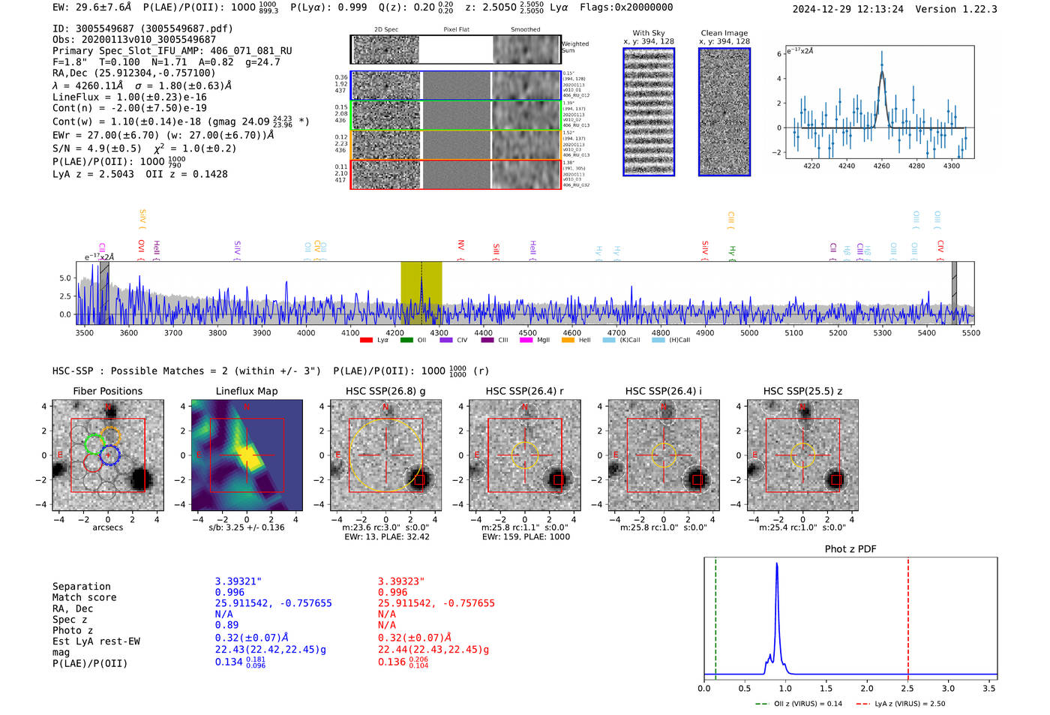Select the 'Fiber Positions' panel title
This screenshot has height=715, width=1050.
107,391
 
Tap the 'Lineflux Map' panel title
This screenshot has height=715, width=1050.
247,391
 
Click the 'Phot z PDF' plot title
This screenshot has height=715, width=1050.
850,548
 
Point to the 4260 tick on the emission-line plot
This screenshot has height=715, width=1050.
881,166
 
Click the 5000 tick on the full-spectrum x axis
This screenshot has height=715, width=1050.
749,332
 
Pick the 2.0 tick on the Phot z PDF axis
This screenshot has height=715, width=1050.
867,688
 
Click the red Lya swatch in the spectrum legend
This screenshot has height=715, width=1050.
366,340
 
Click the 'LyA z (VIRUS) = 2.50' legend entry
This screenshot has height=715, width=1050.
909,704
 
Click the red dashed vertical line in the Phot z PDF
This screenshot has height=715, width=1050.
908,615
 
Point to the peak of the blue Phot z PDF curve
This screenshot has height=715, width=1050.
777,563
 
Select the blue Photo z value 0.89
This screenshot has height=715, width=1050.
226,625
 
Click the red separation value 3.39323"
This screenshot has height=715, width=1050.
401,581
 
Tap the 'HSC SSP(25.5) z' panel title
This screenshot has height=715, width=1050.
802,391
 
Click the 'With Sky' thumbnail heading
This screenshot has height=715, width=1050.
649,33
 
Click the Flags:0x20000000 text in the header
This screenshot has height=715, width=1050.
626,7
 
